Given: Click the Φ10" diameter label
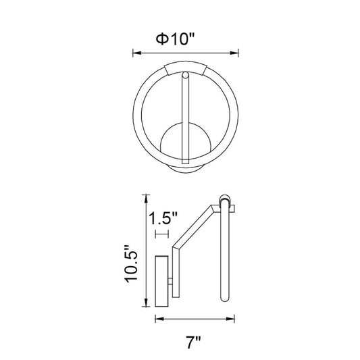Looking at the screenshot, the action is [x=175, y=38].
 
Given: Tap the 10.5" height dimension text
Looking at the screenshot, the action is [x=131, y=264].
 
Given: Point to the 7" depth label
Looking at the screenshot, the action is [x=193, y=342].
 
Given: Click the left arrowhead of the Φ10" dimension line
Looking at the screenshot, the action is [x=137, y=53].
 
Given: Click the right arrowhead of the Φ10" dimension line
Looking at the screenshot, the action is [x=234, y=53].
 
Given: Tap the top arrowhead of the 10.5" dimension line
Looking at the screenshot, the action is [x=145, y=199].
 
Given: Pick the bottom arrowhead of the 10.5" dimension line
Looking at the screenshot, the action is [x=145, y=302].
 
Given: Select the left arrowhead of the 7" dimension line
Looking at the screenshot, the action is [x=159, y=319].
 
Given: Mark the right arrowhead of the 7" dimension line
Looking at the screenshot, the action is [x=230, y=319].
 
